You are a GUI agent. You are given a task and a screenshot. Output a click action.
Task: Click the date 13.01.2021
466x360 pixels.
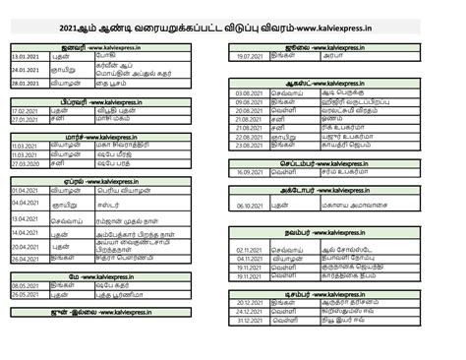click(x=25, y=58)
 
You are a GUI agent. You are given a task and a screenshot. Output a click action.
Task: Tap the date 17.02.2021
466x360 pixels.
click(x=25, y=111)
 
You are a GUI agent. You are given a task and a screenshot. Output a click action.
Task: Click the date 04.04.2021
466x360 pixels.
click(x=25, y=202)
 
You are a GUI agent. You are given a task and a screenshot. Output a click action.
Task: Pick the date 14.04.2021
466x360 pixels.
click(x=25, y=233)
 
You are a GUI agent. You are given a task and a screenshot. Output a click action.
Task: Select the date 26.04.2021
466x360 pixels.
click(x=25, y=259)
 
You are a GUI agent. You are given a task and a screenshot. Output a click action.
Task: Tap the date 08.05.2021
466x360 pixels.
click(x=25, y=283)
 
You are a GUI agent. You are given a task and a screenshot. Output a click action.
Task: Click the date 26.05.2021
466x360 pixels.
click(x=25, y=293)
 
